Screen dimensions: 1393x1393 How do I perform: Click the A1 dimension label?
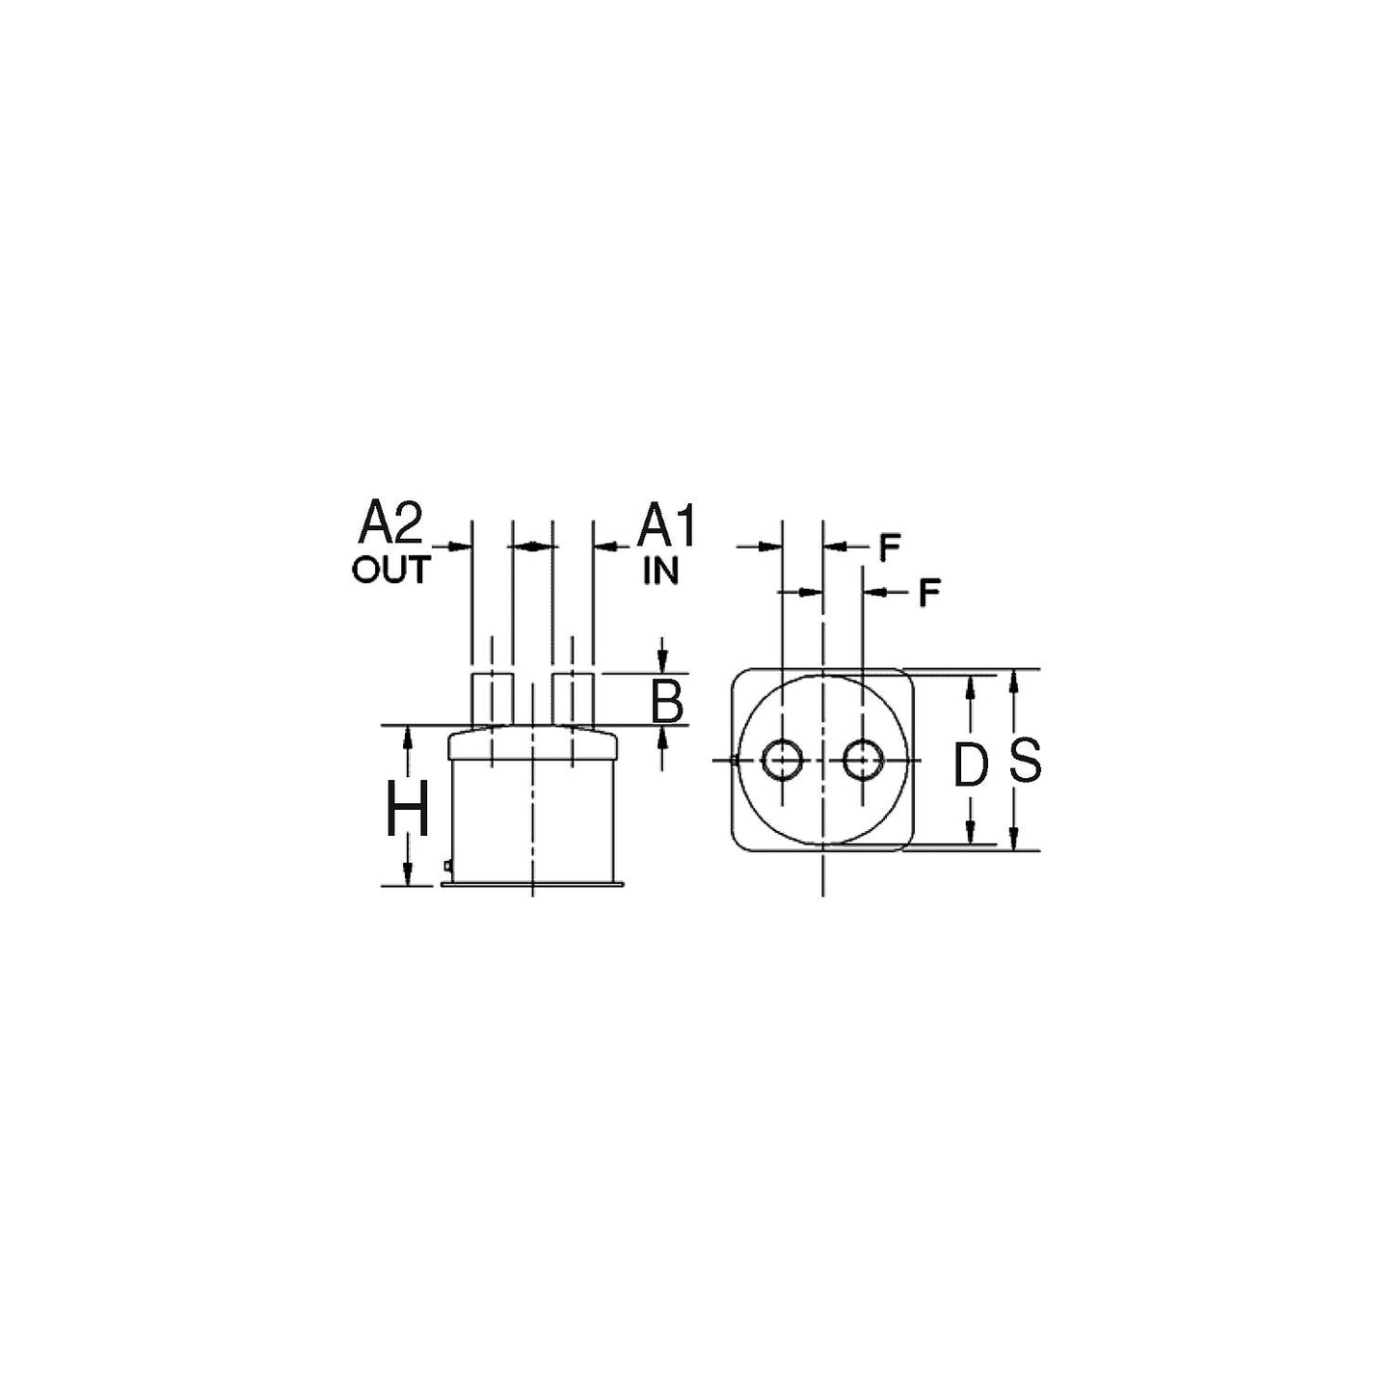pos(666,525)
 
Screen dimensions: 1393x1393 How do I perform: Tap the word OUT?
pos(391,570)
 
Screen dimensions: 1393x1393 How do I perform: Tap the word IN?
pos(660,571)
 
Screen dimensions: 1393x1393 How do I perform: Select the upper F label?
pos(889,549)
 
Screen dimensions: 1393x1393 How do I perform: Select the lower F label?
pos(929,594)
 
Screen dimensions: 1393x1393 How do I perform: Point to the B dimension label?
pos(666,701)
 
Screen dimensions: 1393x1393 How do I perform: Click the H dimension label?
pos(407,808)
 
